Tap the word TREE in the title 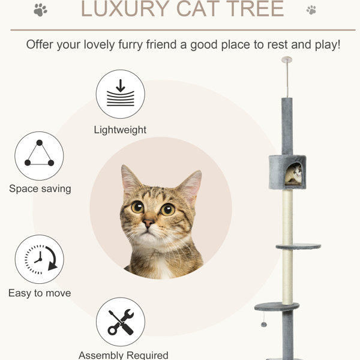point(257,9)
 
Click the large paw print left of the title point(40,10)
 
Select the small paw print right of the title point(311,10)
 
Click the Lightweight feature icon point(121,94)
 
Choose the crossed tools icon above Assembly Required point(121,322)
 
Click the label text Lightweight point(120,130)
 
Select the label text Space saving point(40,189)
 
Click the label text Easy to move point(40,293)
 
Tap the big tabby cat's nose point(148,223)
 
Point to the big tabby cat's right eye point(168,209)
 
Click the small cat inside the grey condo point(294,175)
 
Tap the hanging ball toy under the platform point(264,325)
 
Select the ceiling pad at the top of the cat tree point(287,59)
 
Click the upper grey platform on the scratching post point(298,247)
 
